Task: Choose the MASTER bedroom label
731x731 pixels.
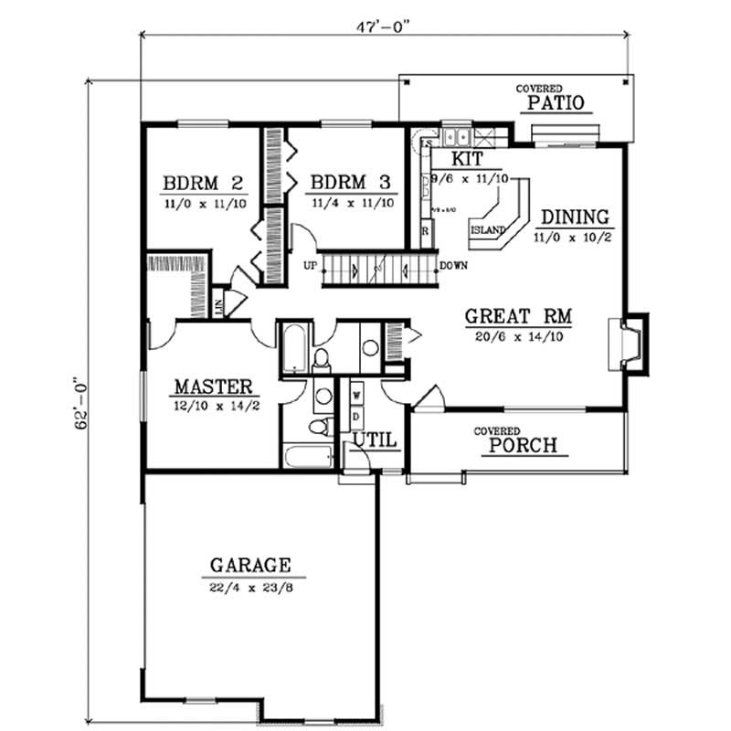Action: [214, 387]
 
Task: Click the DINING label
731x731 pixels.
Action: [575, 217]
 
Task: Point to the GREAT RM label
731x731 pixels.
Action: [518, 317]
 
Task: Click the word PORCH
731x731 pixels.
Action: [524, 446]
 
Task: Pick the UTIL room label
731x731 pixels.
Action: [376, 440]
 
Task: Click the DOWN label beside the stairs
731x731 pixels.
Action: [455, 267]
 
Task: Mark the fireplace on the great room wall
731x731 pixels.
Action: [630, 344]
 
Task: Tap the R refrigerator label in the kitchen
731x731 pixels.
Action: [425, 232]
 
